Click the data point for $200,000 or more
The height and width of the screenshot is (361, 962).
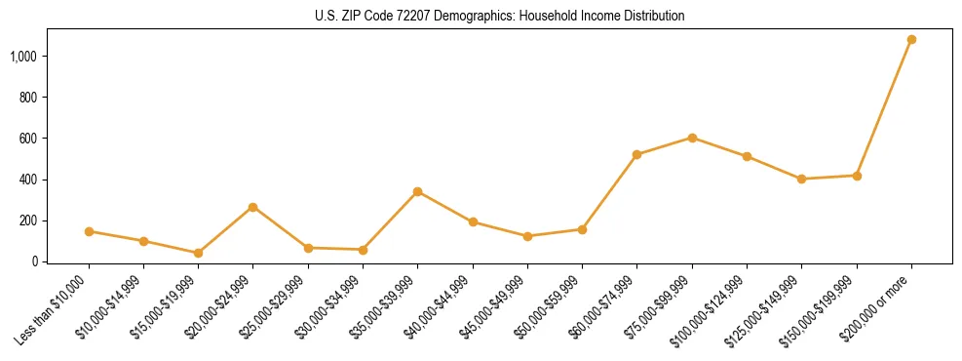point(911,40)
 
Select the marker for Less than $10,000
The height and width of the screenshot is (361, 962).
point(89,231)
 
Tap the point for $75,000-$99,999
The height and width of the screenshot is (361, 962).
point(692,138)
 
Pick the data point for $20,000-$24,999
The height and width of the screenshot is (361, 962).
point(253,207)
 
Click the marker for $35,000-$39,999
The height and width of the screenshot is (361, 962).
point(417,191)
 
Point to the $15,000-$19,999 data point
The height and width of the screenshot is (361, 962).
point(198,253)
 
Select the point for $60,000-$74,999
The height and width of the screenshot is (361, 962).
point(636,154)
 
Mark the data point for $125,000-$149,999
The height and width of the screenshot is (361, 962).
point(801,179)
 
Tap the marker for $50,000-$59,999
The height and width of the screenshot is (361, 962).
point(582,229)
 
